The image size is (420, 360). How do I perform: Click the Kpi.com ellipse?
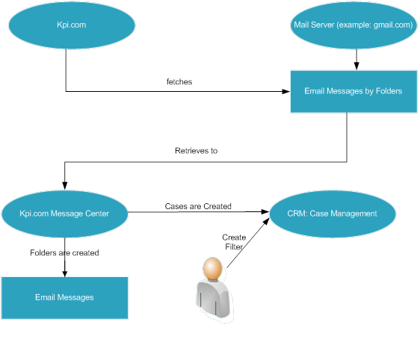pyautogui.click(x=72, y=25)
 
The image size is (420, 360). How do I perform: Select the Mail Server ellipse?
pyautogui.click(x=353, y=25)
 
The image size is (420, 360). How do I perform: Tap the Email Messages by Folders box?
pyautogui.click(x=353, y=92)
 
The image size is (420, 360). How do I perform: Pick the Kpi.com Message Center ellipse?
pyautogui.click(x=64, y=214)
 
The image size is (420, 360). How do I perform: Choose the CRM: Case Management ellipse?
pyautogui.click(x=333, y=214)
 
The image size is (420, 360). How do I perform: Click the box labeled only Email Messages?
pyautogui.click(x=64, y=298)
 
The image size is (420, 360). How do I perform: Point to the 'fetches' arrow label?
pyautogui.click(x=179, y=81)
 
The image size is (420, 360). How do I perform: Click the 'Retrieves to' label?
pyautogui.click(x=196, y=151)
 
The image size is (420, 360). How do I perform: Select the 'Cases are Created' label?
pyautogui.click(x=198, y=206)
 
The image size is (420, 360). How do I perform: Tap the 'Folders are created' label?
pyautogui.click(x=64, y=252)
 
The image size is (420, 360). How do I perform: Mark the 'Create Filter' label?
pyautogui.click(x=234, y=242)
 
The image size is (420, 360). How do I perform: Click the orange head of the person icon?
pyautogui.click(x=212, y=268)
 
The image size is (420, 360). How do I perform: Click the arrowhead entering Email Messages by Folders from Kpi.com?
pyautogui.click(x=286, y=92)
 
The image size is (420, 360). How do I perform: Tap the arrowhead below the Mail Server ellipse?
pyautogui.click(x=356, y=66)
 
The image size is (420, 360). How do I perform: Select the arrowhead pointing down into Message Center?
pyautogui.click(x=64, y=186)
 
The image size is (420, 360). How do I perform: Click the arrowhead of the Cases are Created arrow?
pyautogui.click(x=265, y=212)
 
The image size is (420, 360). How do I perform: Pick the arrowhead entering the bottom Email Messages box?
pyautogui.click(x=64, y=273)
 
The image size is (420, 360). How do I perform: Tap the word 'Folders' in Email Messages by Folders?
pyautogui.click(x=389, y=91)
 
